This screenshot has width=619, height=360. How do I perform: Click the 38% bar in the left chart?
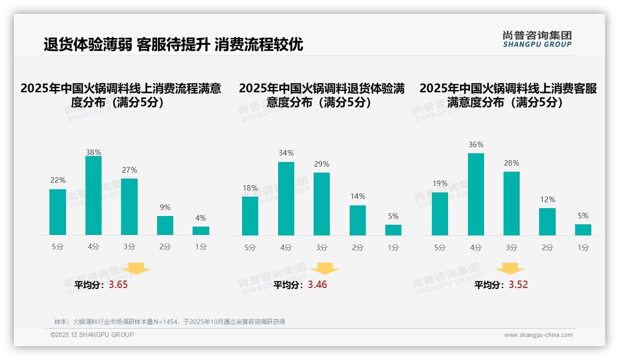point(93,196)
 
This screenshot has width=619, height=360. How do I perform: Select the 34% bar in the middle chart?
point(286,198)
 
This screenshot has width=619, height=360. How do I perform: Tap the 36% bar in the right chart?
point(476,194)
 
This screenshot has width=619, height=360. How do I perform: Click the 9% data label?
point(165,208)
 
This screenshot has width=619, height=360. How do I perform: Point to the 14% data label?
point(358,197)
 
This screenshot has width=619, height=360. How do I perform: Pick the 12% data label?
point(547,200)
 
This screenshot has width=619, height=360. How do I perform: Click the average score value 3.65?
point(118,285)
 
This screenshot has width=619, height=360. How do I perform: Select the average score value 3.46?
point(317,285)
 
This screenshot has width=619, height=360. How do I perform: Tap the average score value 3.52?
point(518,285)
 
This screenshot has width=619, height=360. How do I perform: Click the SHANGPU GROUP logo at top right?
point(537,39)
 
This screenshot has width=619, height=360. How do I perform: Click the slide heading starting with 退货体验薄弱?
point(173,45)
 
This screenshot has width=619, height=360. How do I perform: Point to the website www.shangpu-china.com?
point(538,335)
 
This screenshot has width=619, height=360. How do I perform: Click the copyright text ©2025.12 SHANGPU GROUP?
point(92,335)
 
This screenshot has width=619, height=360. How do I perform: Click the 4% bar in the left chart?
point(201,231)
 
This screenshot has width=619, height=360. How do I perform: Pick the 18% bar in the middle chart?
point(250,216)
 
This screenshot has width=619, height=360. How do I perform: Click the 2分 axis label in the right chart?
point(547,247)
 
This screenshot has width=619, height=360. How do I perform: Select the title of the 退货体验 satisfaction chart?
point(322,95)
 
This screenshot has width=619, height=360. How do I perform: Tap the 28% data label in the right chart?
point(511,163)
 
